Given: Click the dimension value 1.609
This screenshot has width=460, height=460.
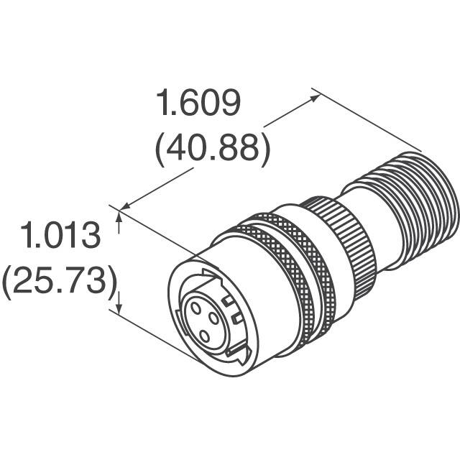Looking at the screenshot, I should click(198, 105).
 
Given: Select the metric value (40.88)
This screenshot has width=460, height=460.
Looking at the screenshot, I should click(212, 149).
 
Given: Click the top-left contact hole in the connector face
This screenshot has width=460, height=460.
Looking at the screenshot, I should click(194, 308).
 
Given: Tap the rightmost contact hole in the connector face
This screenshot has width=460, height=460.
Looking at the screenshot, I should click(214, 318).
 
